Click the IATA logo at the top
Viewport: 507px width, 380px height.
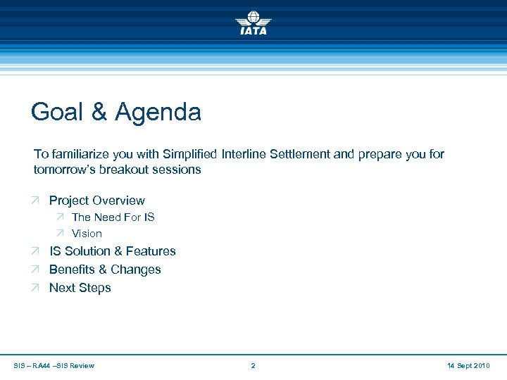(254, 23)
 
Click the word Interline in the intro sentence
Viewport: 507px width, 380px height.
(246, 154)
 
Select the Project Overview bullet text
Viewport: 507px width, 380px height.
(96, 201)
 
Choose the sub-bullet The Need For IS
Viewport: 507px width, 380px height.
(113, 217)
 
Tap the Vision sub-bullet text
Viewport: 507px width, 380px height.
(87, 234)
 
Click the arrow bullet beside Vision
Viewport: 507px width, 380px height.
(61, 234)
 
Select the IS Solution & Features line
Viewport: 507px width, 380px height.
(112, 251)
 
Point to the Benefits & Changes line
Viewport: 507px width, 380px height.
(105, 270)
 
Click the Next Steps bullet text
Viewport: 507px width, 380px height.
(80, 288)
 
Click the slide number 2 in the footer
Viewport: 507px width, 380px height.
(254, 365)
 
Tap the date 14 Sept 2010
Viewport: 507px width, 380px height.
(468, 365)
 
